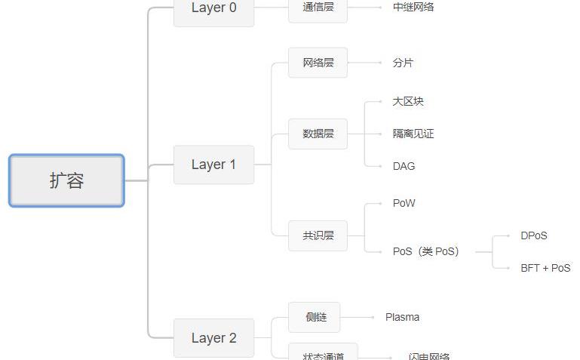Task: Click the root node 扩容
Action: pos(66,180)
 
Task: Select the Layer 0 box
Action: pos(213,9)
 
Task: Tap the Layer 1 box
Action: pos(213,165)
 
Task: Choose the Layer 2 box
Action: pos(213,338)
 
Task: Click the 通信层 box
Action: pos(318,8)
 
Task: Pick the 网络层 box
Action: pos(318,63)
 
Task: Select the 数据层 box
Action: pos(318,134)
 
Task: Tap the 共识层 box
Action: pos(318,235)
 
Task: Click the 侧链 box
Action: pos(315,317)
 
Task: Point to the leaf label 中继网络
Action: pos(413,8)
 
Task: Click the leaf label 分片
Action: pos(403,63)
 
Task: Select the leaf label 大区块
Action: pos(408,101)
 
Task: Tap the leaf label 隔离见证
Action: pos(413,134)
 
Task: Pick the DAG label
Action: pos(404,166)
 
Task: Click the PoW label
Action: pos(404,203)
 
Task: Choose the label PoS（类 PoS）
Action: pos(425,251)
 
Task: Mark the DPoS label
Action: pos(534,235)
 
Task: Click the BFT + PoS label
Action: pos(545,268)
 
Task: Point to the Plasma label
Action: pos(402,317)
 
